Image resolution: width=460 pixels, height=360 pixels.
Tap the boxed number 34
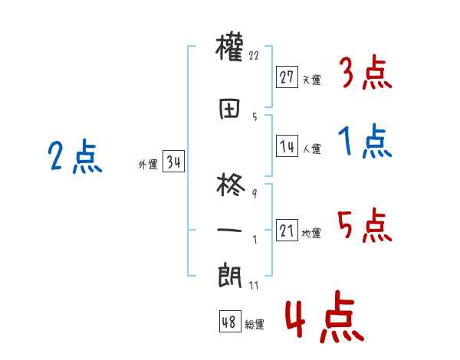click(x=173, y=162)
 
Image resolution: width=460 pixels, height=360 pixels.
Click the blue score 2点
click(x=75, y=159)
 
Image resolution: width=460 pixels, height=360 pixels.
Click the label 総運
click(x=255, y=325)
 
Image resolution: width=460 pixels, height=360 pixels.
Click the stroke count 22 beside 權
click(x=255, y=56)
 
